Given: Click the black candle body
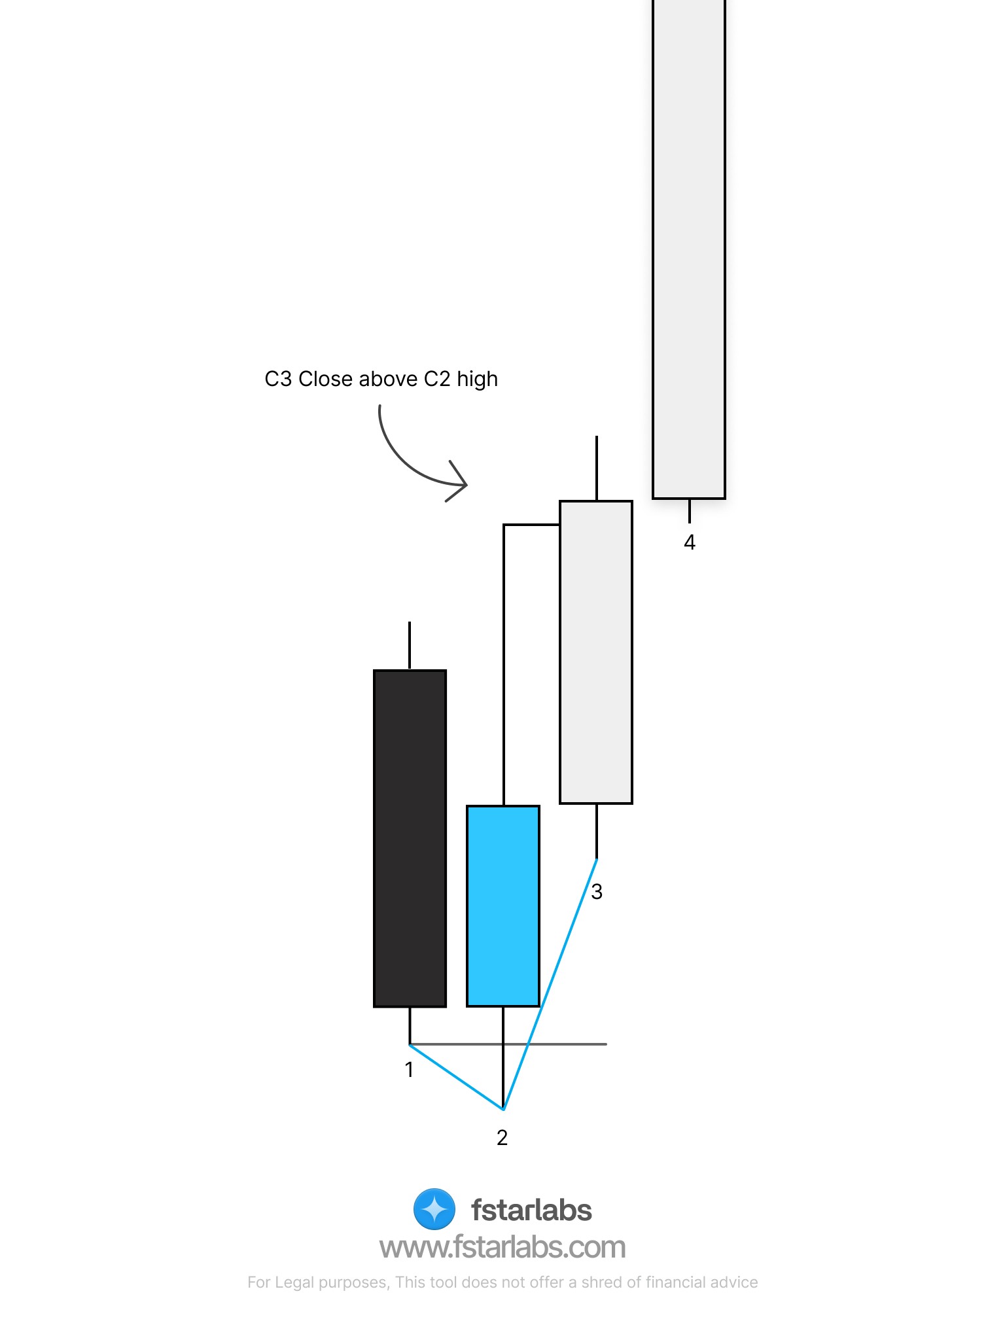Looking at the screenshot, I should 410,838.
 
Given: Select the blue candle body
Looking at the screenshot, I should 502,906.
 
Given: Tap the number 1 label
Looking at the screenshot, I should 409,1070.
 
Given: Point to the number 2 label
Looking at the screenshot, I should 502,1138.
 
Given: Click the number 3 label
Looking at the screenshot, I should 596,891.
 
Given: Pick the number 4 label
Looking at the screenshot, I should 689,542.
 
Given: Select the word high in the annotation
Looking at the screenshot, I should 477,379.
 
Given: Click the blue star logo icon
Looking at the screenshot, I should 434,1209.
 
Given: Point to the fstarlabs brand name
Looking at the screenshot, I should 531,1210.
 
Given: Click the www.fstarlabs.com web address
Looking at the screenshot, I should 502,1248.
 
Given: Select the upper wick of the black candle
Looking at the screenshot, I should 410,645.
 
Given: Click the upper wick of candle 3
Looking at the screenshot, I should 596,467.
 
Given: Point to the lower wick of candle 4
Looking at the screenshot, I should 689,511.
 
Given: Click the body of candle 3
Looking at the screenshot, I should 596,652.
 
